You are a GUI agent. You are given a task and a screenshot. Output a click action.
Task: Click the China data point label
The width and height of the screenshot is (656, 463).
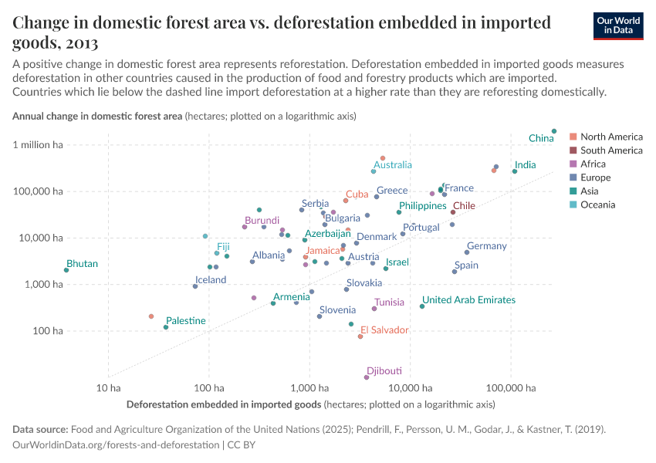pyautogui.click(x=541, y=138)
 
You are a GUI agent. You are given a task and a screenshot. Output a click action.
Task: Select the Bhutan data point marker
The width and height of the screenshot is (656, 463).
pyautogui.click(x=66, y=270)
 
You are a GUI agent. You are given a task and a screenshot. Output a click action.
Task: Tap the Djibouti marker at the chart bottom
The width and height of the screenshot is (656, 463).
pyautogui.click(x=367, y=377)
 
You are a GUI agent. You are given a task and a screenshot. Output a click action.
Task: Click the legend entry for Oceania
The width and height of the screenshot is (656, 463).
pyautogui.click(x=599, y=204)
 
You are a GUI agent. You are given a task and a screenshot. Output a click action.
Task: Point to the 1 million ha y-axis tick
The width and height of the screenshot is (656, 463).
pyautogui.click(x=38, y=145)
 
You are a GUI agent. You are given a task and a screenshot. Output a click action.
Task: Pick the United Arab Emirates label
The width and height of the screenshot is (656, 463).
pyautogui.click(x=468, y=300)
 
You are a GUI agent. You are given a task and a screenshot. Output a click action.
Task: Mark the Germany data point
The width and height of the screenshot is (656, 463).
pyautogui.click(x=467, y=252)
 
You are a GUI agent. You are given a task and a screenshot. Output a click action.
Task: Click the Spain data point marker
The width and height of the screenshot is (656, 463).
pyautogui.click(x=455, y=272)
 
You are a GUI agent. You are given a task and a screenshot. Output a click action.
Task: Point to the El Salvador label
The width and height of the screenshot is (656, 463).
pyautogui.click(x=384, y=330)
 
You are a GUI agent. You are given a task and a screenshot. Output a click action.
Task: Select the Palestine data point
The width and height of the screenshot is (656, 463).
pyautogui.click(x=166, y=327)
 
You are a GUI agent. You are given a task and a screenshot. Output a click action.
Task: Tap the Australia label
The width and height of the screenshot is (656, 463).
pyautogui.click(x=393, y=165)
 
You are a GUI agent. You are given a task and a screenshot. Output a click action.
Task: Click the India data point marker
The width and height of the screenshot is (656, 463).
pyautogui.click(x=515, y=171)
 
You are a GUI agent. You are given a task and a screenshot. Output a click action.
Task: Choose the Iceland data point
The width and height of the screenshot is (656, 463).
pyautogui.click(x=195, y=286)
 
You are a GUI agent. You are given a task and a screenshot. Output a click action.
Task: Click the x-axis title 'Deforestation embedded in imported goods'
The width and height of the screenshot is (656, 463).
pyautogui.click(x=224, y=404)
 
